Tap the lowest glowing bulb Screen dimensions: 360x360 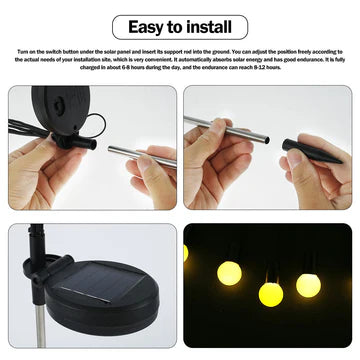[x=270, y=293]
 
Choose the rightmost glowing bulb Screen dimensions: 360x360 [x=308, y=285]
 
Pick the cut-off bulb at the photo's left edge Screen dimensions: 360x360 [x=185, y=252]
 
